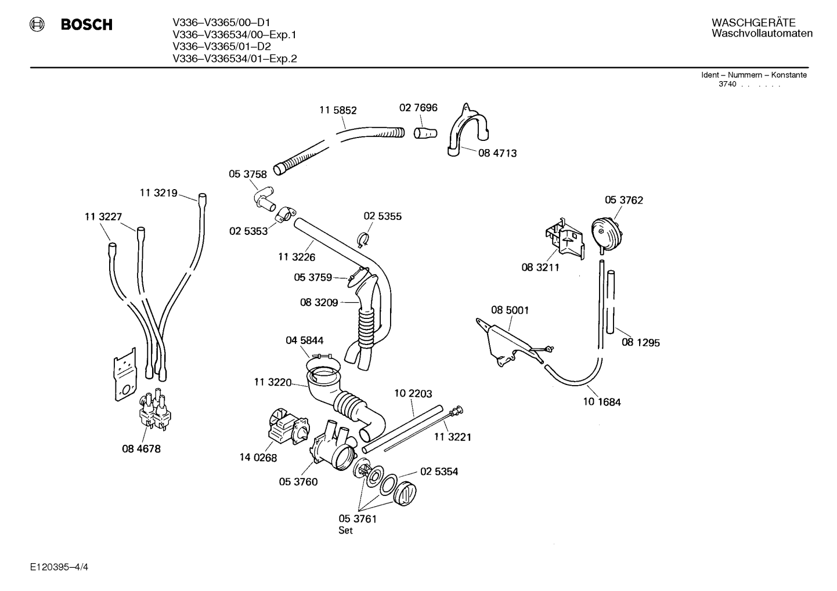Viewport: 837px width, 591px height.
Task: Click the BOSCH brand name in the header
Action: click(x=86, y=24)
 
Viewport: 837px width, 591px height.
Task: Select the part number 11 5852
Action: click(x=338, y=110)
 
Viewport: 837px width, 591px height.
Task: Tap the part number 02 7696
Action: click(x=418, y=107)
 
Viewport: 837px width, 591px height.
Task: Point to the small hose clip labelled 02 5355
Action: click(x=363, y=239)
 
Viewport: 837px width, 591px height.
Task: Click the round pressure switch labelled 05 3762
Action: click(x=607, y=235)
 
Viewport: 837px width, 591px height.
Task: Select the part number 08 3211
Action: click(x=540, y=267)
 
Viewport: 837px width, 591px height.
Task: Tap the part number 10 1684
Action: click(x=601, y=402)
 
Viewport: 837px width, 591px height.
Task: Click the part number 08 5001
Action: click(x=510, y=310)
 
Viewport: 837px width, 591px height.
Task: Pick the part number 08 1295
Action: click(x=640, y=342)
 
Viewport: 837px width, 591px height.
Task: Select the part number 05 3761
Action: click(x=358, y=519)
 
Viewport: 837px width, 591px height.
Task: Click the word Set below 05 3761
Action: click(x=345, y=530)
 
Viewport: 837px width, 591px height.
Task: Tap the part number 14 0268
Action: click(x=258, y=458)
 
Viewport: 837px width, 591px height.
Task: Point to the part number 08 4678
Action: click(x=141, y=448)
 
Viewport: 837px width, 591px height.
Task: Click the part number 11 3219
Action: click(x=158, y=193)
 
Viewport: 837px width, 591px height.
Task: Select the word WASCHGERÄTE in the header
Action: click(x=753, y=22)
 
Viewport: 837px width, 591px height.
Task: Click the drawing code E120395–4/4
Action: click(x=59, y=567)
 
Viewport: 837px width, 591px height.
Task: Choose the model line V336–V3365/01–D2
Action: click(x=222, y=46)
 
